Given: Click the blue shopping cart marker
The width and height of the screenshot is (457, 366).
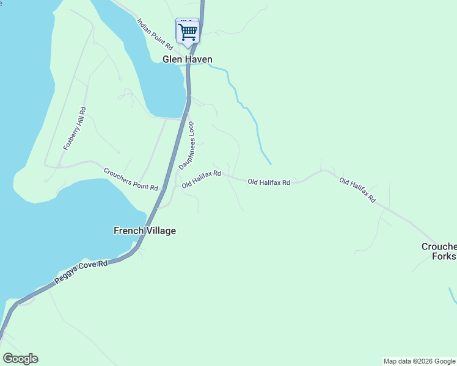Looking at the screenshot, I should point(188,30).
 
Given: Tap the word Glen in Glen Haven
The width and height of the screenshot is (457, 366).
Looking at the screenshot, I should point(172,59).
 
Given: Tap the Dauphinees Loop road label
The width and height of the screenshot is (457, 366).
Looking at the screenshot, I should point(186,145).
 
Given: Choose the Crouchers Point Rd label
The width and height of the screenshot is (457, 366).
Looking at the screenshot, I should point(131,179).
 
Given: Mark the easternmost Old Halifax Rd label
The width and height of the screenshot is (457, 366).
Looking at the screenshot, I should point(357,190).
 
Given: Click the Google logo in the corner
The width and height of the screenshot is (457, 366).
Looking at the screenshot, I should point(20,359).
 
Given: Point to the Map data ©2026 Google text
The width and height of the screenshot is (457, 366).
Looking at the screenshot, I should point(419,361).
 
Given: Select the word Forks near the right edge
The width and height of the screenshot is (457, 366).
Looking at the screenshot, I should point(444,257).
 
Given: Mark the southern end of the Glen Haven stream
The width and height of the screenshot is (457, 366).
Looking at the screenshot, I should point(270,163).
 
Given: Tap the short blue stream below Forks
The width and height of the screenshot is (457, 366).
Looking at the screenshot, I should point(453,296).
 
